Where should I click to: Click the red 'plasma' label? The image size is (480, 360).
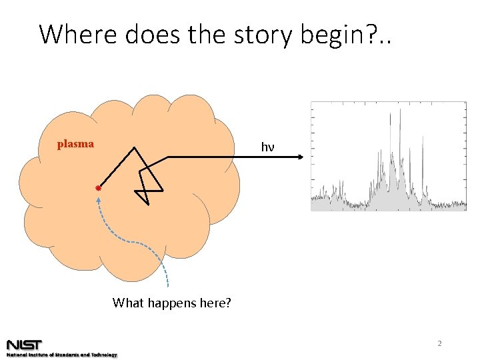(75, 144)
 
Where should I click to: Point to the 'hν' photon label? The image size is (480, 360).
(267, 147)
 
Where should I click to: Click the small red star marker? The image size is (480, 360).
(98, 189)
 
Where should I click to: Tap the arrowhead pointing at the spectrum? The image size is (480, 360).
(301, 157)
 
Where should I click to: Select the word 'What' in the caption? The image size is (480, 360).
(127, 303)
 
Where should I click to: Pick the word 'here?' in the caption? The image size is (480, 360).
(215, 303)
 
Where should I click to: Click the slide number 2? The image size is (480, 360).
(439, 344)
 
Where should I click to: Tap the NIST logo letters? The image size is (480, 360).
(25, 345)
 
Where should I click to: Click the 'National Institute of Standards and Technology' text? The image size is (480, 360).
(61, 355)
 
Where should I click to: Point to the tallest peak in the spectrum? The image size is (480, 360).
(400, 113)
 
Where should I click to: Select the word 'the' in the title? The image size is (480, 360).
(197, 34)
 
